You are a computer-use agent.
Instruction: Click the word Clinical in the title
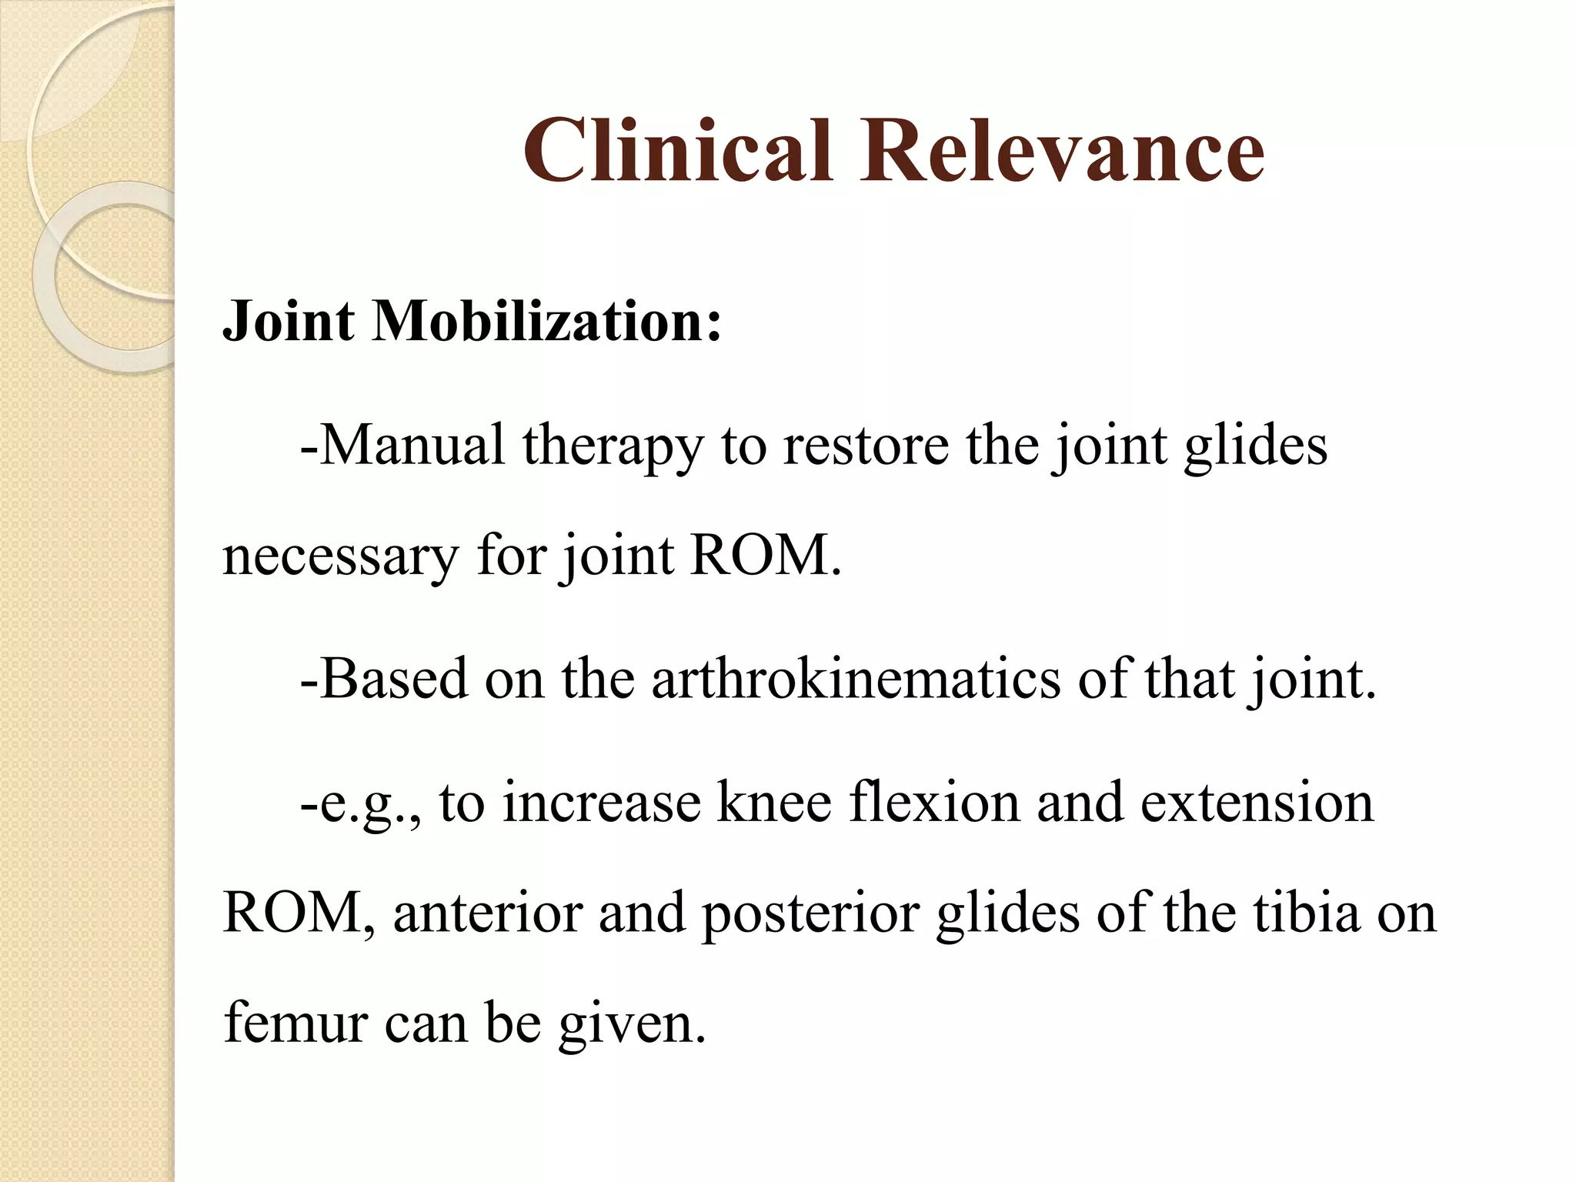[x=678, y=151]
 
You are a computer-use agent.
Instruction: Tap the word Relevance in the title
[x=1061, y=151]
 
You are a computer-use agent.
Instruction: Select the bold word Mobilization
[x=547, y=321]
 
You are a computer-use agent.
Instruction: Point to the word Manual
[x=412, y=445]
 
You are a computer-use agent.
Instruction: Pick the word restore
[x=866, y=445]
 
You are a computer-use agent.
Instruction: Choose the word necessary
[x=340, y=557]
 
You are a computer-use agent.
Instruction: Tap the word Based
[x=393, y=679]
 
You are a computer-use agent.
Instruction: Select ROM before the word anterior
[x=292, y=913]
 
